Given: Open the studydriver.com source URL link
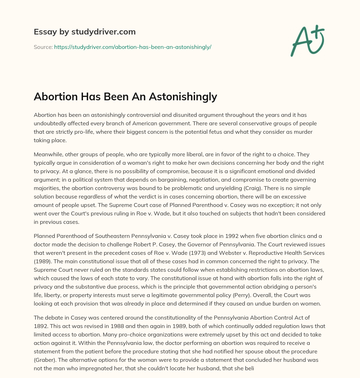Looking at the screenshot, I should [133, 47].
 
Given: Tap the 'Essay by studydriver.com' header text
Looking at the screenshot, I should [85, 32].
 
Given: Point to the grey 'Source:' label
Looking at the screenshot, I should [43, 47].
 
